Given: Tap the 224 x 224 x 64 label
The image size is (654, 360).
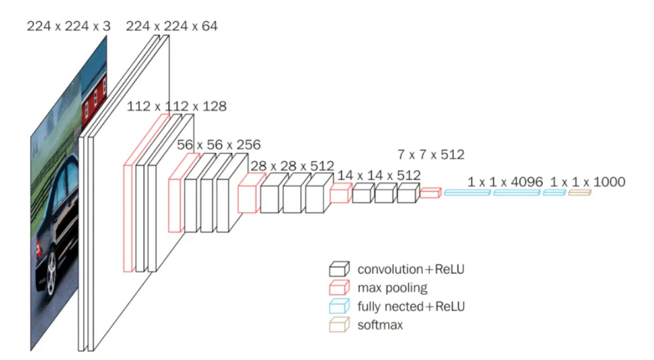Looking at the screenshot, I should pyautogui.click(x=172, y=26).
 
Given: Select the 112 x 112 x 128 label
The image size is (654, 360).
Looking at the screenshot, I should pyautogui.click(x=176, y=107).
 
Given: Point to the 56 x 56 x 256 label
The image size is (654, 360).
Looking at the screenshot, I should pyautogui.click(x=218, y=145).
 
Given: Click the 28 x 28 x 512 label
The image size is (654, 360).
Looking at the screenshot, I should pyautogui.click(x=293, y=165).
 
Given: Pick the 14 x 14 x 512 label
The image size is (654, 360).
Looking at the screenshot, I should pyautogui.click(x=378, y=175).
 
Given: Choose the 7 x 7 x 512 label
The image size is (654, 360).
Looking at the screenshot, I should pyautogui.click(x=431, y=154).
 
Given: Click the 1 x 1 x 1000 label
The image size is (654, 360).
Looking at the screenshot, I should pyautogui.click(x=588, y=182).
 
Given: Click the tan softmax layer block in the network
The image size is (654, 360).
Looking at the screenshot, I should pyautogui.click(x=579, y=193).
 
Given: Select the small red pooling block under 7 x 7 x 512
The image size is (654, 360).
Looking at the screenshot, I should pyautogui.click(x=430, y=193).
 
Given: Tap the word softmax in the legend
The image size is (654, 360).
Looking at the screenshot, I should pyautogui.click(x=380, y=325).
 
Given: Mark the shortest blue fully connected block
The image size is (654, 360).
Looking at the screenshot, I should pyautogui.click(x=554, y=193).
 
